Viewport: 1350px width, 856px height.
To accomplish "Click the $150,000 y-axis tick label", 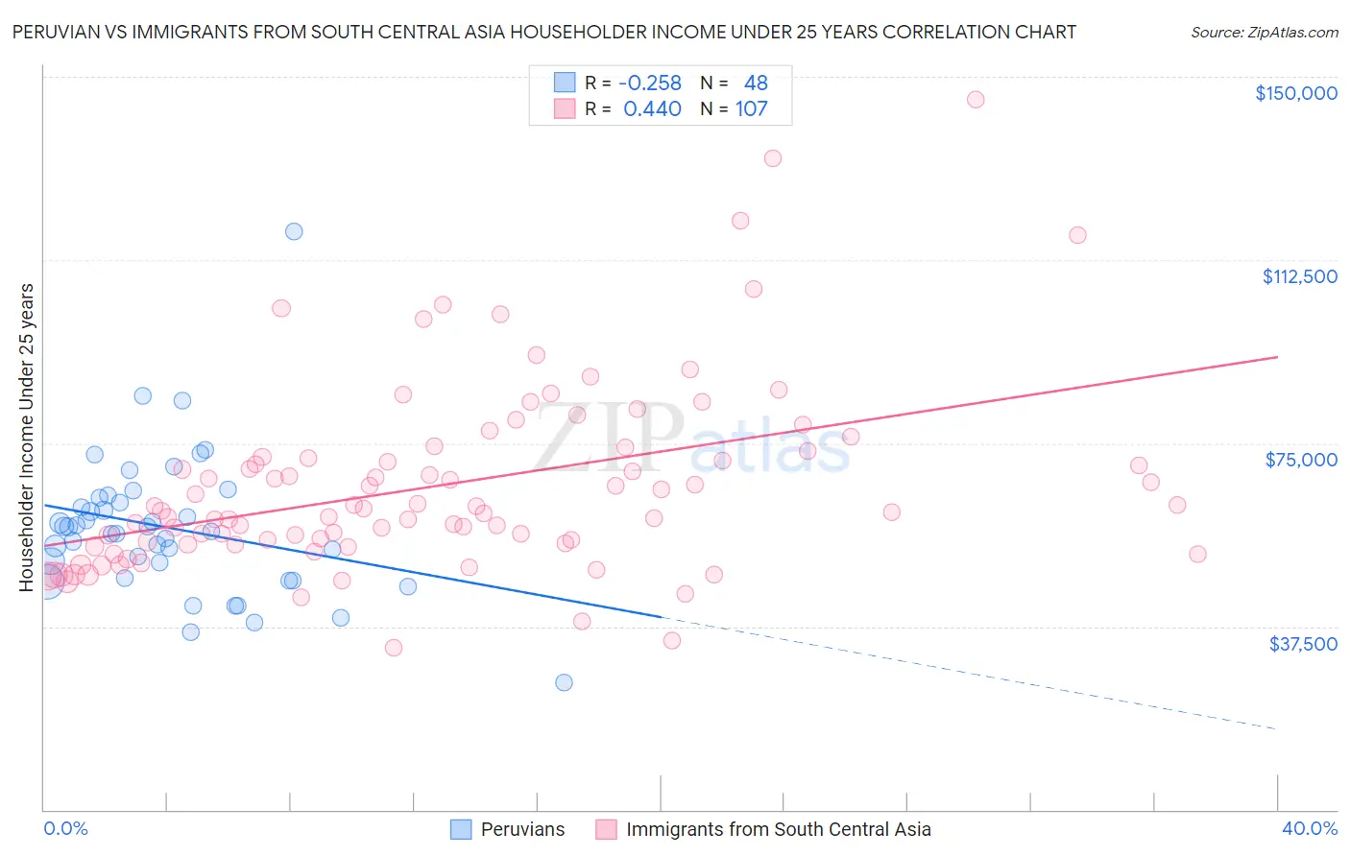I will pos(1295,93).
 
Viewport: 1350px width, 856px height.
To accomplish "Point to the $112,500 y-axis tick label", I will pos(1299,276).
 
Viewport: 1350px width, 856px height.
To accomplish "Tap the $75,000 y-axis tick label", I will pos(1301,460).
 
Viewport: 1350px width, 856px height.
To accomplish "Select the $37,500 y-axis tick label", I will pos(1303,644).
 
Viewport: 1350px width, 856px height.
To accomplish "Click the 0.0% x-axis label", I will pos(65,828).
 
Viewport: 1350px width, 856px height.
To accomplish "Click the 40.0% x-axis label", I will pos(1310,828).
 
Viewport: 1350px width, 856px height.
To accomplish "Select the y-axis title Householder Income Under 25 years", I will pos(27,437).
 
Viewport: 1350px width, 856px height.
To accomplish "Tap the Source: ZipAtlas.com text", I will pos(1264,32).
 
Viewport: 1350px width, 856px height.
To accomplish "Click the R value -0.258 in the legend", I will pos(649,83).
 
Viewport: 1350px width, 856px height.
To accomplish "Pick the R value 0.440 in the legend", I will pos(652,108).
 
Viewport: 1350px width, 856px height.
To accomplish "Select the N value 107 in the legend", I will pos(751,108).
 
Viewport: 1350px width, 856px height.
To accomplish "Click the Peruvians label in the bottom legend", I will pos(522,829).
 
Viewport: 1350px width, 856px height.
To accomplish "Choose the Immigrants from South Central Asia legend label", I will pos(778,829).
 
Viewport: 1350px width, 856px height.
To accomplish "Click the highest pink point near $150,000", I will pos(976,100).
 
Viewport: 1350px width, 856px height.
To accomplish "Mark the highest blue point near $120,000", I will pos(294,231).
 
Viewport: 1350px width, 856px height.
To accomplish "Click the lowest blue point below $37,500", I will pos(564,682).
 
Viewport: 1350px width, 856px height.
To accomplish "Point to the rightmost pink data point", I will pos(1197,554).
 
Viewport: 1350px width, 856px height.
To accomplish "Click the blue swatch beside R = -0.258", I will pos(564,83).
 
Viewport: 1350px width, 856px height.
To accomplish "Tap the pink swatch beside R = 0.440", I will pos(564,108).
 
